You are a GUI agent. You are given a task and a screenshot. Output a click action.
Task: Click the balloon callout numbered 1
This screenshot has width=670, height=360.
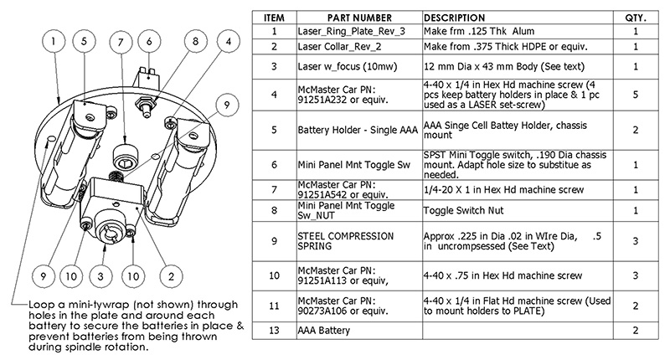[54, 41]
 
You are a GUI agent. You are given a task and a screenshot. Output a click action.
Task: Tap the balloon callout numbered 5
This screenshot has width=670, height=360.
[84, 41]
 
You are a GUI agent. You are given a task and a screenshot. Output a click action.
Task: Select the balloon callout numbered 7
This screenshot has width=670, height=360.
[121, 42]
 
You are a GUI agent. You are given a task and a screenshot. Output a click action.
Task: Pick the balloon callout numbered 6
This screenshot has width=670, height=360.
[149, 41]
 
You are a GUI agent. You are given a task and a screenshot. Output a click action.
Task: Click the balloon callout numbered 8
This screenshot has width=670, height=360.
[196, 41]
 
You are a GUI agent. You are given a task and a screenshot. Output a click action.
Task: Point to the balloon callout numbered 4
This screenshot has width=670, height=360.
[229, 41]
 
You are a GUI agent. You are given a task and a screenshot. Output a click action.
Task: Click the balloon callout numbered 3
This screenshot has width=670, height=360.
[100, 276]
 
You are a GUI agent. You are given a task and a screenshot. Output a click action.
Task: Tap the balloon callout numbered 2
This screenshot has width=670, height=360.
[171, 276]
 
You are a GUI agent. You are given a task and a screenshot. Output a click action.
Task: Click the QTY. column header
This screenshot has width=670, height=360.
[636, 18]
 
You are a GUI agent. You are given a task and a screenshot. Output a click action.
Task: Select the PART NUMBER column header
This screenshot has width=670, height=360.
[359, 18]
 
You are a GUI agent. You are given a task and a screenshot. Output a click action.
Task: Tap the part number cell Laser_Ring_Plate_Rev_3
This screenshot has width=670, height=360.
[351, 32]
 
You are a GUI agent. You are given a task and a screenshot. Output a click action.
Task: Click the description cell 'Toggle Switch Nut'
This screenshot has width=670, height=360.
[464, 210]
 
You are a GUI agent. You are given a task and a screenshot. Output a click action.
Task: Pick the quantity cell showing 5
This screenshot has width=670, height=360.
[636, 95]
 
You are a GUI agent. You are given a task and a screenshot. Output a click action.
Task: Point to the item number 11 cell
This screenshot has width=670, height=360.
[275, 306]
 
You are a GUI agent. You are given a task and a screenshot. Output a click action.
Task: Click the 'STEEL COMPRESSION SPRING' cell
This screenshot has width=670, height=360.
[346, 241]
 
